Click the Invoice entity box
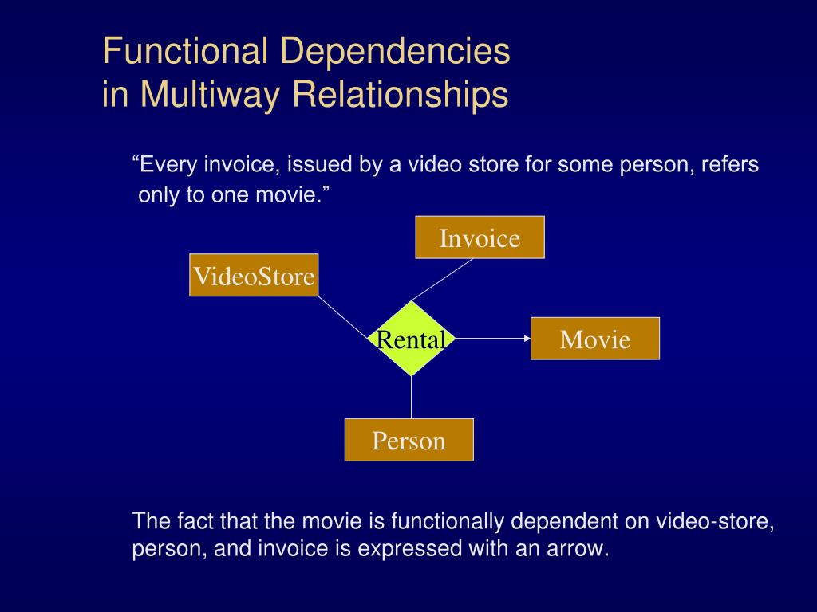(x=480, y=237)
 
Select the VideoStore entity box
(x=254, y=276)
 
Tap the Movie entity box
(x=595, y=339)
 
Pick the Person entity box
(x=408, y=440)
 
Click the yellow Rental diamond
(x=411, y=339)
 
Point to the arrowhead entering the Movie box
(x=527, y=339)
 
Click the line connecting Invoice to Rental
(x=443, y=280)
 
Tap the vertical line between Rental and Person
(x=411, y=397)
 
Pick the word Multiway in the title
(x=206, y=95)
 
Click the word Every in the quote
(x=168, y=166)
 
